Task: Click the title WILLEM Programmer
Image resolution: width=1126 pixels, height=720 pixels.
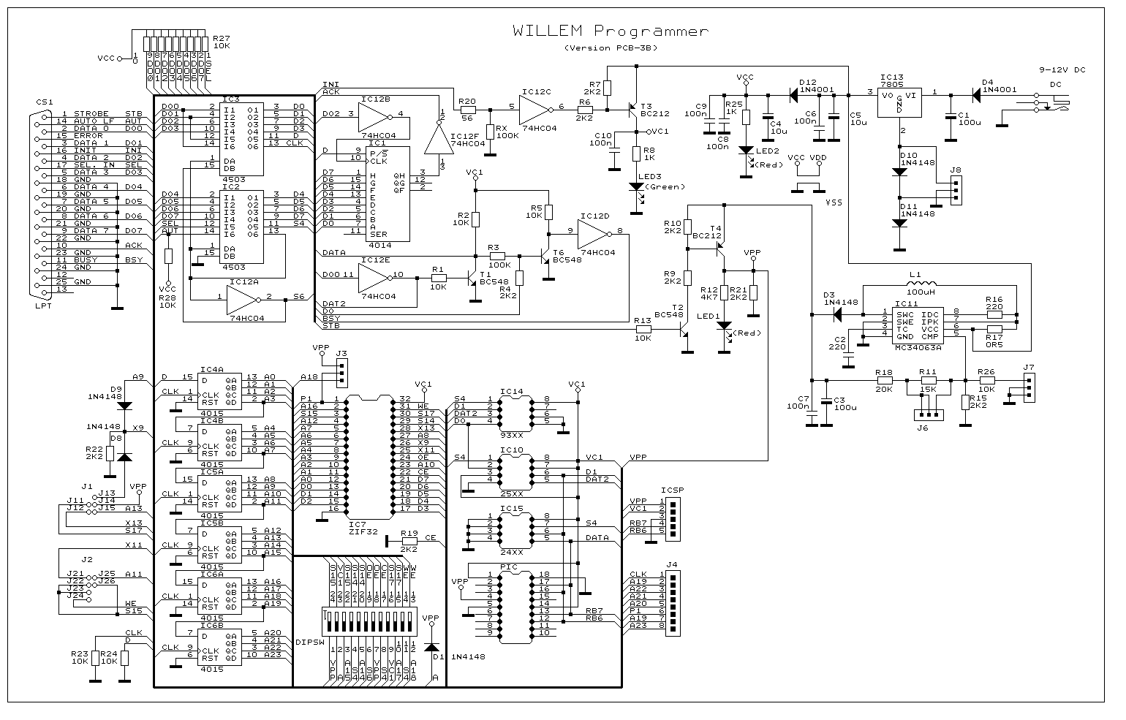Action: tap(611, 31)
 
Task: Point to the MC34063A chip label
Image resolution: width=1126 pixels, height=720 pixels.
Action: tap(918, 349)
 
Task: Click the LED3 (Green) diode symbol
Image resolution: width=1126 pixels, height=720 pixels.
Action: tap(635, 186)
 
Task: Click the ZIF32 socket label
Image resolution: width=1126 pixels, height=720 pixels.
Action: tap(363, 532)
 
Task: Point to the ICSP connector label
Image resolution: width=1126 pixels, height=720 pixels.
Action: tap(672, 490)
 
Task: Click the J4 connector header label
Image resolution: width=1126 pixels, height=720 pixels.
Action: tap(672, 564)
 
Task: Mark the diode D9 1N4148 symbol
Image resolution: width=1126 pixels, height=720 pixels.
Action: tap(124, 405)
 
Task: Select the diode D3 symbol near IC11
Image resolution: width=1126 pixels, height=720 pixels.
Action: tap(836, 314)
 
